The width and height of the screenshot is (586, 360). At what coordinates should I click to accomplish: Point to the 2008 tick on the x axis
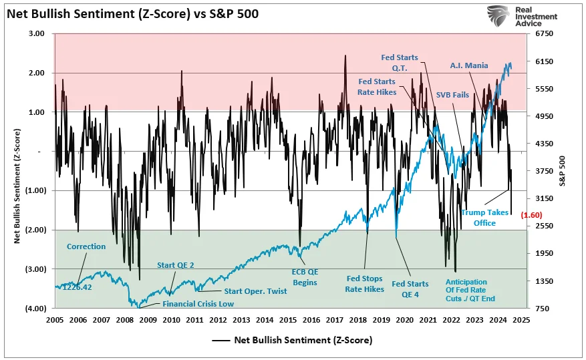125,320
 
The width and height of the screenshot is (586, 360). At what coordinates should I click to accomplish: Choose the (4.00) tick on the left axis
35,308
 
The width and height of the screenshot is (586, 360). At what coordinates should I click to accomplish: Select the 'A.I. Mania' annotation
468,65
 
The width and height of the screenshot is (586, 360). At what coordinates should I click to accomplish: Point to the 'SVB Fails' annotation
452,95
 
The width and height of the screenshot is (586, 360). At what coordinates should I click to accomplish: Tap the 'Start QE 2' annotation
176,266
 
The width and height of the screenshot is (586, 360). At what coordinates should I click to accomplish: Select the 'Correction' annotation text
86,246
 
